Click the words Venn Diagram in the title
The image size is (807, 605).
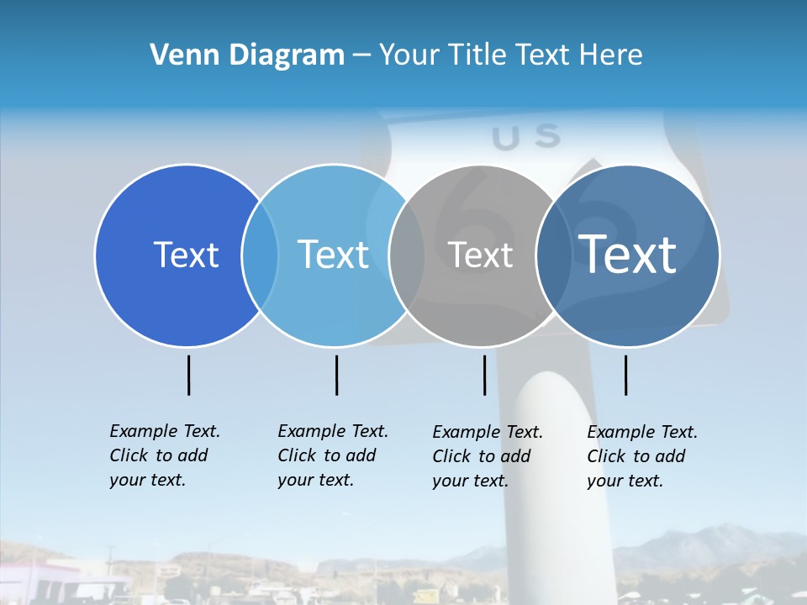pyautogui.click(x=247, y=55)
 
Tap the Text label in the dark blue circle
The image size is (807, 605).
pyautogui.click(x=186, y=255)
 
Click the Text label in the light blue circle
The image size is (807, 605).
pyautogui.click(x=334, y=255)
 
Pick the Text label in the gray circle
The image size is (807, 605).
pyautogui.click(x=480, y=255)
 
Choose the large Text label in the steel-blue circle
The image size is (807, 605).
pyautogui.click(x=628, y=254)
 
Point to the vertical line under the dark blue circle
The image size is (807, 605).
pyautogui.click(x=189, y=375)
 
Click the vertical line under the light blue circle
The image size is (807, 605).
pyautogui.click(x=336, y=375)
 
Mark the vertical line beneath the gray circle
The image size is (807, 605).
pyautogui.click(x=484, y=375)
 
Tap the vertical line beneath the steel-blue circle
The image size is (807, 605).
pyautogui.click(x=625, y=375)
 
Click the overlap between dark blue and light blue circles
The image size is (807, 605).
pyautogui.click(x=260, y=255)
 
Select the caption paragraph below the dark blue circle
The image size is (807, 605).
pyautogui.click(x=165, y=455)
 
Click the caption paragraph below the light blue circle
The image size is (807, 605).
pyautogui.click(x=333, y=455)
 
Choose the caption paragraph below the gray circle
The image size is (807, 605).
pyautogui.click(x=488, y=456)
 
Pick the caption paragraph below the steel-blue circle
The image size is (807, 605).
pyautogui.click(x=642, y=456)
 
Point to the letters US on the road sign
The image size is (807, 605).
pyautogui.click(x=525, y=137)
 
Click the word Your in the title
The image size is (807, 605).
pyautogui.click(x=409, y=55)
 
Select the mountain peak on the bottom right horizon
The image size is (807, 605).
pyautogui.click(x=715, y=529)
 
